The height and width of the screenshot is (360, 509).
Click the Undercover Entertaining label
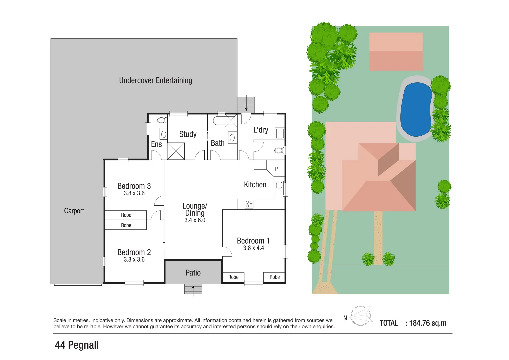tap(156, 80)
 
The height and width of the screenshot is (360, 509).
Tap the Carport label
tap(74, 211)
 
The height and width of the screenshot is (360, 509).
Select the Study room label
tap(188, 134)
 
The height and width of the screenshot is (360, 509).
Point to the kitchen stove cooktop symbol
tap(249, 204)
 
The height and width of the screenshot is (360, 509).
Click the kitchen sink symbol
tap(279, 188)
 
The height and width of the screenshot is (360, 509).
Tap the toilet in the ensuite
tap(162, 120)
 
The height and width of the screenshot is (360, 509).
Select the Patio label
tap(193, 273)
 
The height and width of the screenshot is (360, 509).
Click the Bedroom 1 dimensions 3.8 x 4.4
tap(253, 248)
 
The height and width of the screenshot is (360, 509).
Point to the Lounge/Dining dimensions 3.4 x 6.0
tap(195, 220)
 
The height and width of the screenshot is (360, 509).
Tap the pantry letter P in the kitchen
tap(276, 169)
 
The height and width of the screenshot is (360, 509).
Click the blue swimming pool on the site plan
tap(416, 109)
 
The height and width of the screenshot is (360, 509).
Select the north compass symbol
tap(361, 316)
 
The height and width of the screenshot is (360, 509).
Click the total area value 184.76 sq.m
tap(427, 323)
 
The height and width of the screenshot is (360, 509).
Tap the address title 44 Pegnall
tap(77, 345)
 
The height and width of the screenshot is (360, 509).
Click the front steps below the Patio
tap(193, 289)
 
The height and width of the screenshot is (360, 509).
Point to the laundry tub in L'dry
tap(279, 134)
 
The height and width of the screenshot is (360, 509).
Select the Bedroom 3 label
tap(134, 186)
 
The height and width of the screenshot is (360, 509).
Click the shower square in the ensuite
tap(176, 151)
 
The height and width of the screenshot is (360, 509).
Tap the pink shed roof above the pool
tap(396, 51)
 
